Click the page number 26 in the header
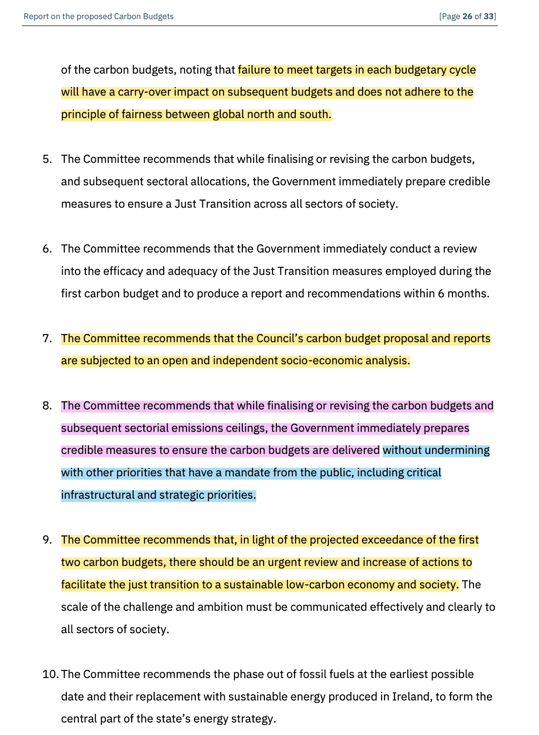click(x=467, y=17)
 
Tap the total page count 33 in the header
click(x=488, y=17)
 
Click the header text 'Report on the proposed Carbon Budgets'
click(x=98, y=17)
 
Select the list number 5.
click(x=47, y=159)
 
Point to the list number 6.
click(x=47, y=249)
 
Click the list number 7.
click(x=47, y=338)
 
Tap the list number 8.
click(x=47, y=406)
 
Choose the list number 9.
click(x=47, y=540)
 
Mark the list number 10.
click(x=50, y=674)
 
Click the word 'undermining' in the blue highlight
click(x=457, y=451)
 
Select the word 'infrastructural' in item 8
click(x=98, y=495)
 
